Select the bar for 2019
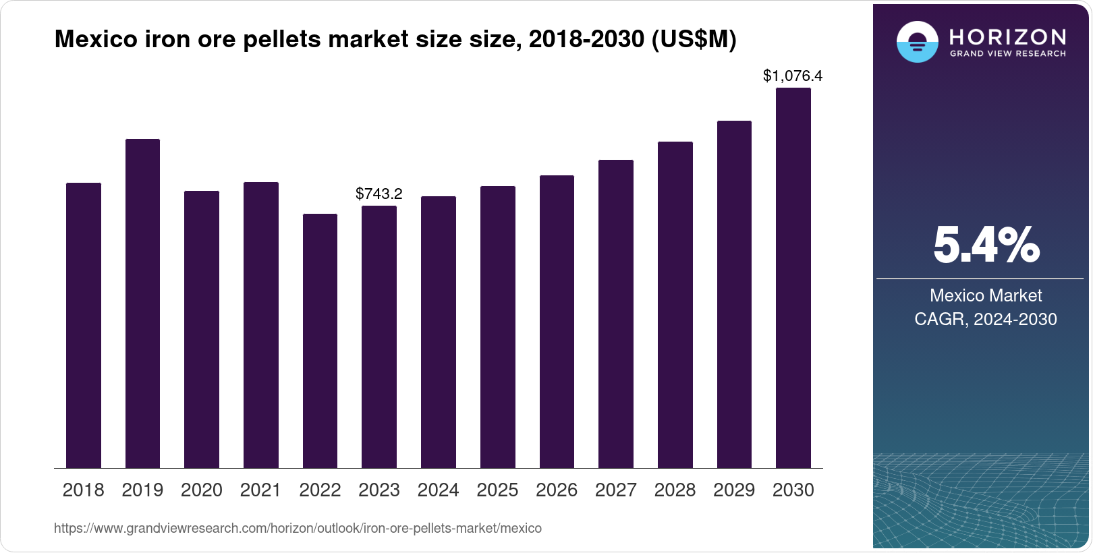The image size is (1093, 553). tap(142, 303)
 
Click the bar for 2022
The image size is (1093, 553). tap(320, 341)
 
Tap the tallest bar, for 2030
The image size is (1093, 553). tap(793, 278)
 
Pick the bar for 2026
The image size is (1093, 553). tap(557, 322)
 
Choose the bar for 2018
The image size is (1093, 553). tap(84, 325)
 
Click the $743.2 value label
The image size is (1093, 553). tap(379, 194)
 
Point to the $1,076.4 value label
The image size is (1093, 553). tap(793, 76)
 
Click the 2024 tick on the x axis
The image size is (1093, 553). tap(438, 490)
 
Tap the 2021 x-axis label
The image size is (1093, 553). tap(260, 490)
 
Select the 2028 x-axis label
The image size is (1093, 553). tap(675, 490)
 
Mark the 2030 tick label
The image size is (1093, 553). tap(793, 490)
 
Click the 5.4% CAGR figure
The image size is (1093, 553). tap(986, 245)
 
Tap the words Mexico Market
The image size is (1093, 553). tap(986, 295)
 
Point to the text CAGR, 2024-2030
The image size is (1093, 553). tap(986, 319)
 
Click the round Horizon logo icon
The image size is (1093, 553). tap(917, 42)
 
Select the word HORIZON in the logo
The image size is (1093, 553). tap(1008, 36)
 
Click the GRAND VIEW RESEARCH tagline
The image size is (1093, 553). tap(1008, 54)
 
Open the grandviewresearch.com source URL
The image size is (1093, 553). tap(298, 529)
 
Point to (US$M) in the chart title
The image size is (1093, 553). tap(694, 39)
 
